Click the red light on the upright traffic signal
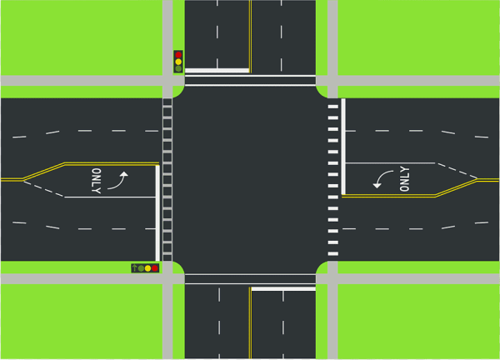tap(178, 55)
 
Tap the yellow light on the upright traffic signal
tap(178, 62)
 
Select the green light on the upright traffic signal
tap(178, 68)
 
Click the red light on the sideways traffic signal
tap(155, 268)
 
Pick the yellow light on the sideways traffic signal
tap(148, 268)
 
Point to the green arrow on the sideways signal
tap(134, 267)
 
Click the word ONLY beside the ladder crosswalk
tap(97, 181)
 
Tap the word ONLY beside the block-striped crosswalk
tap(404, 179)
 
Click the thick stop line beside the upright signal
tap(217, 71)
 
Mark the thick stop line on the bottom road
tap(283, 289)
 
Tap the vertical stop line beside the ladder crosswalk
tap(157, 213)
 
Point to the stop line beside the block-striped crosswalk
tap(343, 147)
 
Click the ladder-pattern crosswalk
tap(167, 179)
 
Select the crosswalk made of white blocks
tap(333, 180)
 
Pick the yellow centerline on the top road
tap(250, 37)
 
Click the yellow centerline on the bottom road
tap(250, 322)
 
